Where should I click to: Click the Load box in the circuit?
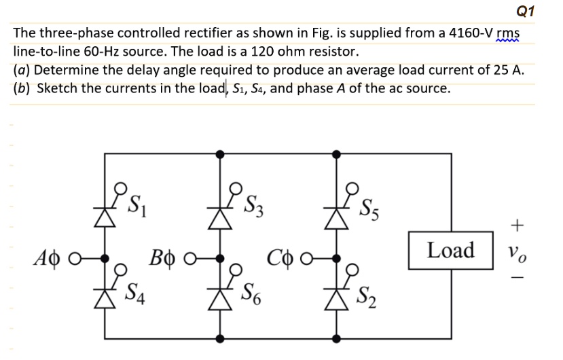(x=451, y=250)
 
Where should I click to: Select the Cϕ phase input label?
(x=281, y=259)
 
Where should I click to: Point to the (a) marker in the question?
(x=23, y=70)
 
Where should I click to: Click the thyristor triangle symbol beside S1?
(x=104, y=217)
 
